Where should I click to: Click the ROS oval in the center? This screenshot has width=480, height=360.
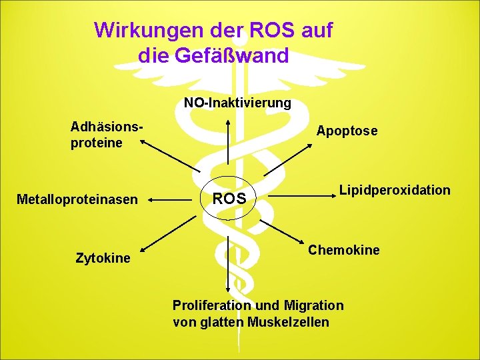[229, 199]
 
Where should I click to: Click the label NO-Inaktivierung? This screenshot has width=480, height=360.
[237, 103]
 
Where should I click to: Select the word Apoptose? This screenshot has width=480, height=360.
[347, 131]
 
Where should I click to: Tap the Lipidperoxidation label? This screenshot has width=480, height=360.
[395, 190]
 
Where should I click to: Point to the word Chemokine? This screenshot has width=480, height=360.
[343, 250]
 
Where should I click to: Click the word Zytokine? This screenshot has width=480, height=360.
[103, 257]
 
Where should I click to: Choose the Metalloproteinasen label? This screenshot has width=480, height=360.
[77, 199]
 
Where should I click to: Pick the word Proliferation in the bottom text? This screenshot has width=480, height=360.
[205, 305]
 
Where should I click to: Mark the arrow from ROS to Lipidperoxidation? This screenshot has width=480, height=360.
[307, 196]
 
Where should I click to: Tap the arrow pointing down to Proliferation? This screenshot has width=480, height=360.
[229, 263]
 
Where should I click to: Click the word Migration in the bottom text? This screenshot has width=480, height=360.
[313, 305]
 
